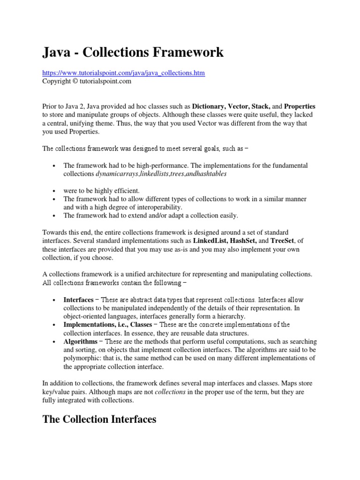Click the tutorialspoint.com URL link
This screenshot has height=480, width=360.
[x=124, y=73]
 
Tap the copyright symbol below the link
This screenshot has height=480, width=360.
[x=74, y=81]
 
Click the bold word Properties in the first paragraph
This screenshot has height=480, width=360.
[x=300, y=106]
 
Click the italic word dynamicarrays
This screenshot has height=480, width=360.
[x=118, y=173]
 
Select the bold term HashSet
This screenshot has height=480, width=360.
[x=246, y=240]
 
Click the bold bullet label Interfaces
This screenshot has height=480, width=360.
[x=78, y=300]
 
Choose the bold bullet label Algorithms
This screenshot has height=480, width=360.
[x=81, y=341]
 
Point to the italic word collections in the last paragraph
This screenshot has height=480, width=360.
[x=170, y=392]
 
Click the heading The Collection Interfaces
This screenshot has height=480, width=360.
[x=99, y=419]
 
